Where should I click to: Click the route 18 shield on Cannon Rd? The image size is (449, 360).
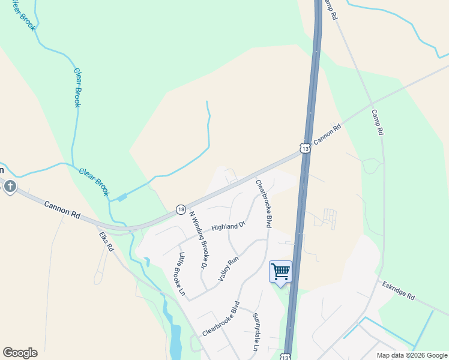[x=181, y=209]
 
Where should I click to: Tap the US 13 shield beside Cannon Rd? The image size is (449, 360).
[x=305, y=148]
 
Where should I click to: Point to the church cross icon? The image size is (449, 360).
[x=10, y=187]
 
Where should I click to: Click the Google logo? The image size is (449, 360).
[x=20, y=353]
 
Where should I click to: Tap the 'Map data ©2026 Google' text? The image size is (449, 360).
[x=411, y=355]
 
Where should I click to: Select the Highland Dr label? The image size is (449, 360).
[x=229, y=226]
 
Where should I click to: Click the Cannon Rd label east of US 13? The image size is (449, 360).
[x=328, y=133]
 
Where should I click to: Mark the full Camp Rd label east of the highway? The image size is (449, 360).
[x=376, y=122]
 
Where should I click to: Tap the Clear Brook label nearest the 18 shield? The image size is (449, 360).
[x=95, y=182]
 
